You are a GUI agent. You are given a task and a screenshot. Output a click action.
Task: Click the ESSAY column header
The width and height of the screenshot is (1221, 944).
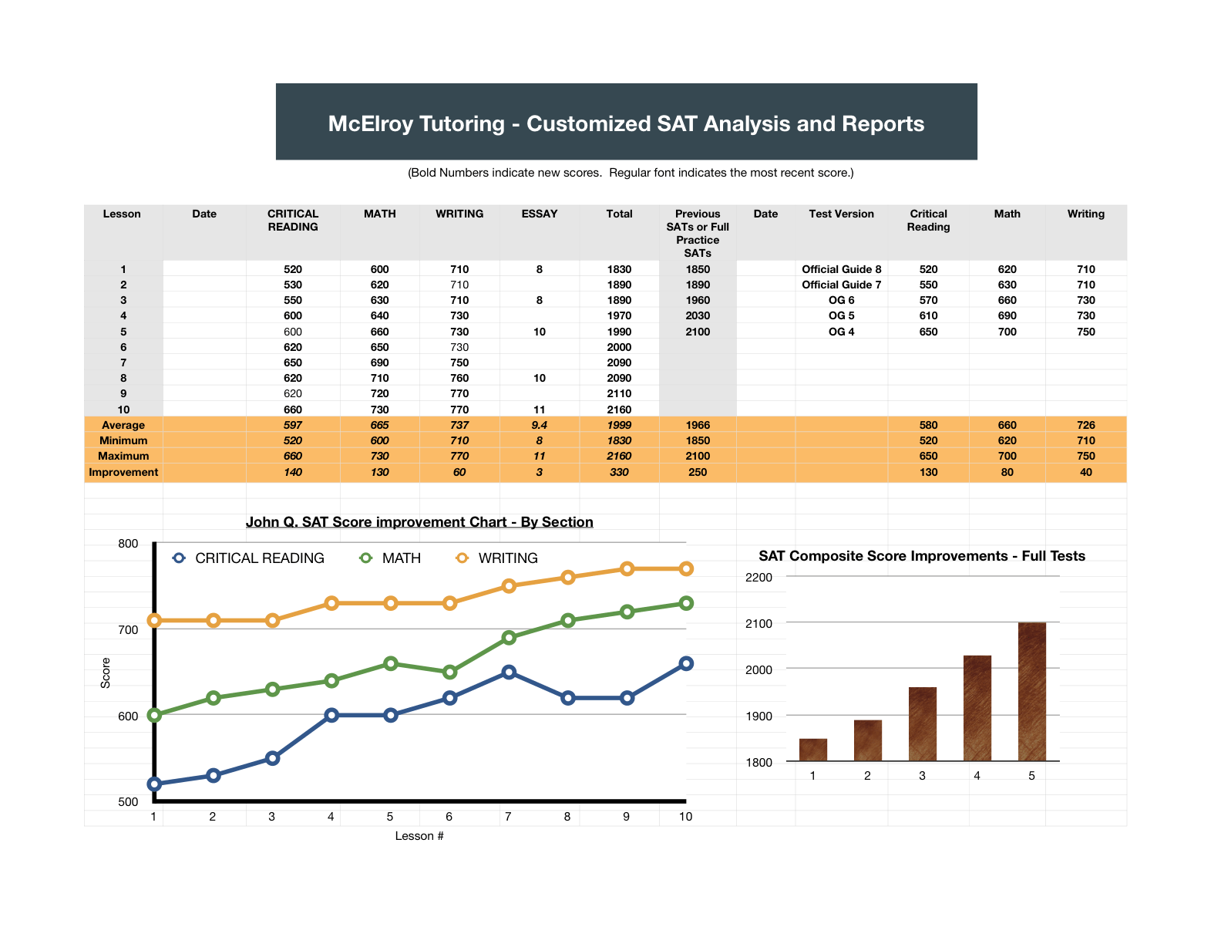[539, 214]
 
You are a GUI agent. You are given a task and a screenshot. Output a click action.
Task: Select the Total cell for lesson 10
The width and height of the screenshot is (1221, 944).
[619, 410]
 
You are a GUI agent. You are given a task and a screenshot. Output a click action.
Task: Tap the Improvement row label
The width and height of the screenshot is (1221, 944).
[123, 472]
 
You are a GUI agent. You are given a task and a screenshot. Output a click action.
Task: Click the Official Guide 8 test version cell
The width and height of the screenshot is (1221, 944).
[841, 269]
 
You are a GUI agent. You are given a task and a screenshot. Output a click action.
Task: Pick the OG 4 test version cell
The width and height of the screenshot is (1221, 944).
[841, 332]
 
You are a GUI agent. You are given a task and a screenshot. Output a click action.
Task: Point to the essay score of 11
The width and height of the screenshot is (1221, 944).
[539, 410]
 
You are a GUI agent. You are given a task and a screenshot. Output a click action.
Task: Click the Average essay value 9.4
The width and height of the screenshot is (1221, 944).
[539, 425]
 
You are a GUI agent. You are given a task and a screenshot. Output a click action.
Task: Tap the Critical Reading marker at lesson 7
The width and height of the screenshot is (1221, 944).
[509, 672]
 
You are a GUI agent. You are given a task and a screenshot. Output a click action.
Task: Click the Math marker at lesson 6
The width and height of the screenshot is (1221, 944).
[449, 672]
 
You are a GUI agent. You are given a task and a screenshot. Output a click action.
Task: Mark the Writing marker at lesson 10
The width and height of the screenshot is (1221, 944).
[686, 568]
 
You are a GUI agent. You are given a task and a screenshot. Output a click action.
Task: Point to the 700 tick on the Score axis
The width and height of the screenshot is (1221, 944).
[128, 629]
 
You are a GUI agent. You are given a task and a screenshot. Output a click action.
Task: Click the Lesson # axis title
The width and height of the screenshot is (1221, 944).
[419, 835]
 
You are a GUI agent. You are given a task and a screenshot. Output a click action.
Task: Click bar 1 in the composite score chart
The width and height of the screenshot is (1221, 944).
[812, 750]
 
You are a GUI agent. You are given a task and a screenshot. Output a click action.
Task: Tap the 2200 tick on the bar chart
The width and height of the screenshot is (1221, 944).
[758, 577]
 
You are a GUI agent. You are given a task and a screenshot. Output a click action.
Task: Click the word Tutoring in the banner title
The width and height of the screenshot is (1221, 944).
[461, 123]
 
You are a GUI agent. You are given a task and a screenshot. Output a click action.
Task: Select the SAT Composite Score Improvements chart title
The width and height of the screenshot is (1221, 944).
[921, 556]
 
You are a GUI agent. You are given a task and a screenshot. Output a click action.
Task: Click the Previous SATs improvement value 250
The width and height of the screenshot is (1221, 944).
[698, 472]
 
